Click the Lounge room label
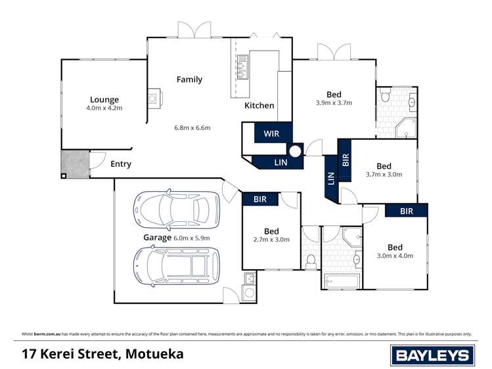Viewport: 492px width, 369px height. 104,100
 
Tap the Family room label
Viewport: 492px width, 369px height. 189,79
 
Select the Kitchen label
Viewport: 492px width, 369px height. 259,105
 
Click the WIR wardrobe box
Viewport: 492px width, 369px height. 271,133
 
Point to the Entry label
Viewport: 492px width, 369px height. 121,164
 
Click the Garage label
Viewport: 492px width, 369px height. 157,238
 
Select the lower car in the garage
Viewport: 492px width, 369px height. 176,265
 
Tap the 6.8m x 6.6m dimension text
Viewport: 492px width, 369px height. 192,127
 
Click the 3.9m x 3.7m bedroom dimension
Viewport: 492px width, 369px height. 334,103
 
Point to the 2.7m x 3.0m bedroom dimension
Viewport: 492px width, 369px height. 271,240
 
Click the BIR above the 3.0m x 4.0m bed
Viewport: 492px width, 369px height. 406,211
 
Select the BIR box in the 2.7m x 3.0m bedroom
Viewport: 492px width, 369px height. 260,199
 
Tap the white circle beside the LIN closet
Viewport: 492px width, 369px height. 295,152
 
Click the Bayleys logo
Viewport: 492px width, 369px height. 432,355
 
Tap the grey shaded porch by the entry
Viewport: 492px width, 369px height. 75,163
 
